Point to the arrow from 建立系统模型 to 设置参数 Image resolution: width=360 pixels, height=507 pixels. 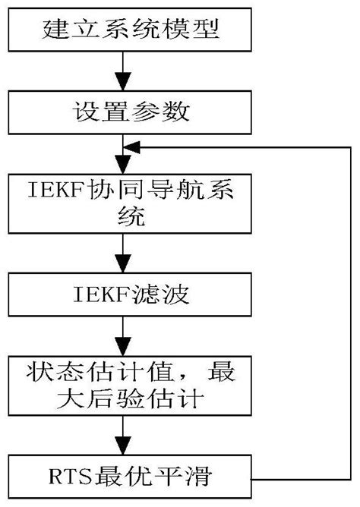119,73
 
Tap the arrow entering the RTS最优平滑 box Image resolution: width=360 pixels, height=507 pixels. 119,438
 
